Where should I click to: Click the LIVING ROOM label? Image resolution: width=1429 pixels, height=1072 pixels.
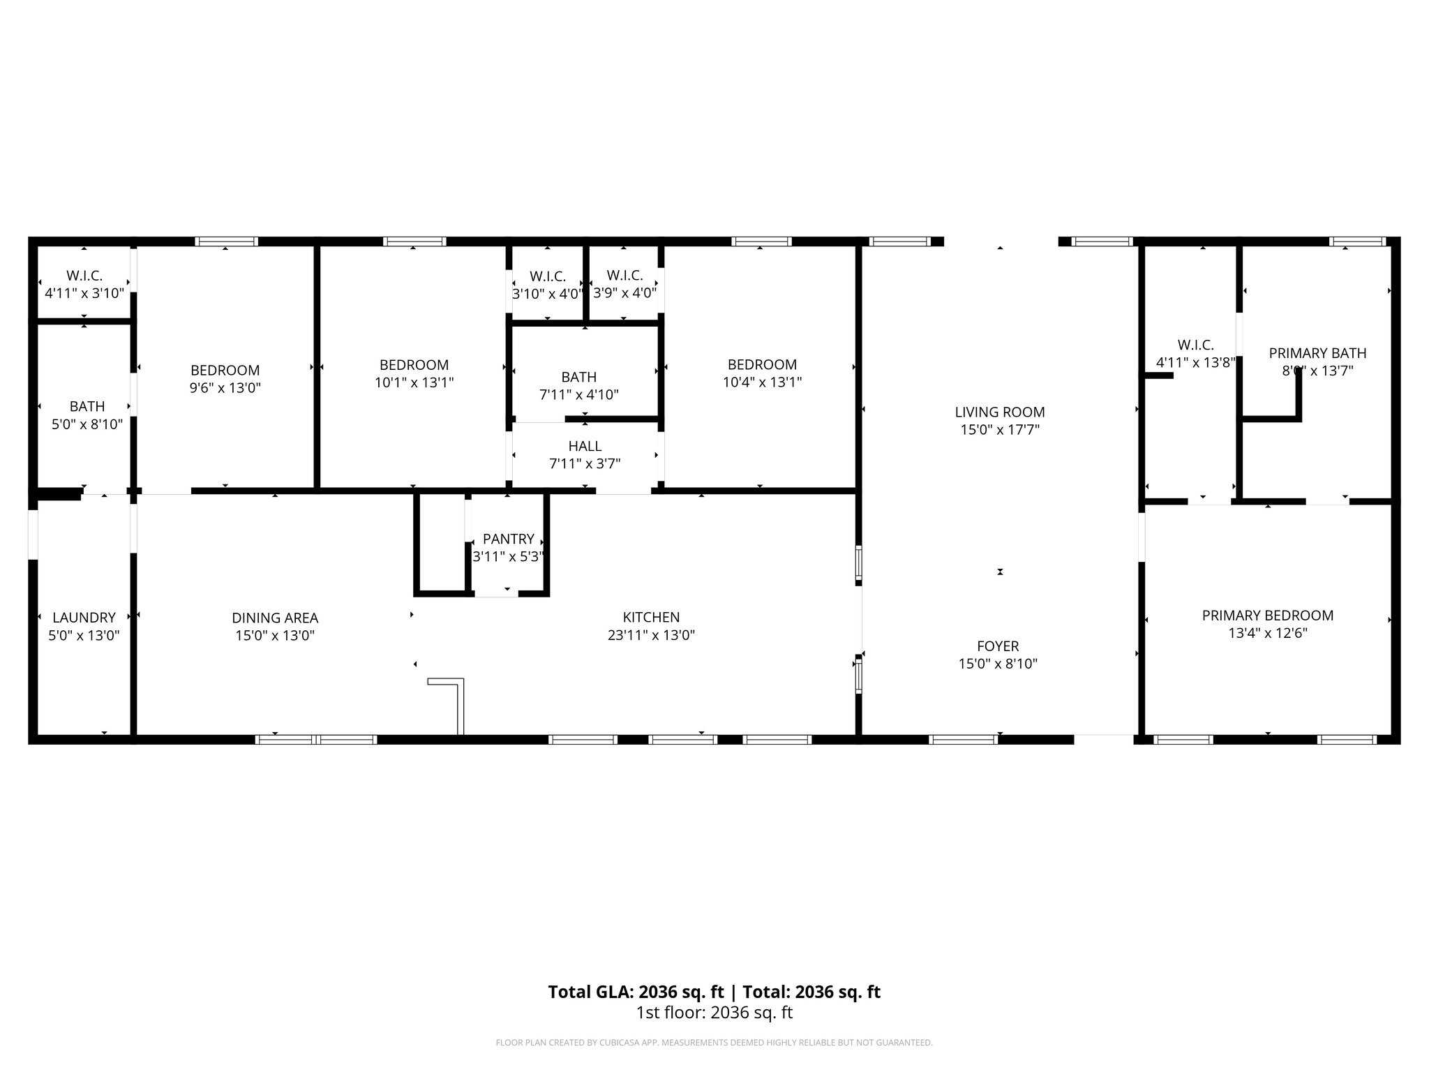pos(999,412)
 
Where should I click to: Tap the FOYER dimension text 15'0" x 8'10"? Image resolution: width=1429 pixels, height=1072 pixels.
pos(998,664)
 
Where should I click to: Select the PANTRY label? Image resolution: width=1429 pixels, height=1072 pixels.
pos(508,539)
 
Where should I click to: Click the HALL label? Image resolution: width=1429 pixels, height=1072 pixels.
pos(585,446)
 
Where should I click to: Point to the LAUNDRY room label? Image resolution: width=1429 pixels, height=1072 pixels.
pos(84,618)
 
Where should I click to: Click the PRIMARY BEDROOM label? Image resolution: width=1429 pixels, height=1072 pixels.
pos(1267,616)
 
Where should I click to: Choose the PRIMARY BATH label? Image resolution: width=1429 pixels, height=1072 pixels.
pos(1317,353)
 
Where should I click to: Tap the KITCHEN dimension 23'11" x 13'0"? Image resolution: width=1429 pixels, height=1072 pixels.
pos(651,635)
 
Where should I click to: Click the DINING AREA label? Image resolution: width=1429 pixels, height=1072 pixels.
pos(275,618)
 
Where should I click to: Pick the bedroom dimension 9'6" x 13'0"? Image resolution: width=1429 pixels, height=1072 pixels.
pos(225,388)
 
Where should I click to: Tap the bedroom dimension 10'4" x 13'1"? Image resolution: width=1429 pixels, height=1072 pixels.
pos(762,382)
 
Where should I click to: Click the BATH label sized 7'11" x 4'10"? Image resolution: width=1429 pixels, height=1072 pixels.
pos(578,378)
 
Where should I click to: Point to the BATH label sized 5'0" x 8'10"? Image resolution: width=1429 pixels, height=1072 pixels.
pos(87,406)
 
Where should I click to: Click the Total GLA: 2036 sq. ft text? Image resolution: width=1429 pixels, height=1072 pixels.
pos(636,992)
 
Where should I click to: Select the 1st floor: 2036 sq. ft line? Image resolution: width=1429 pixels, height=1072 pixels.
pos(714,1013)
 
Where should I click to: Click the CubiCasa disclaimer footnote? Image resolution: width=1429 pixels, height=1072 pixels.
pos(714,1043)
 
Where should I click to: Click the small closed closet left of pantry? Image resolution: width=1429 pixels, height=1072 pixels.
pos(441,543)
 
